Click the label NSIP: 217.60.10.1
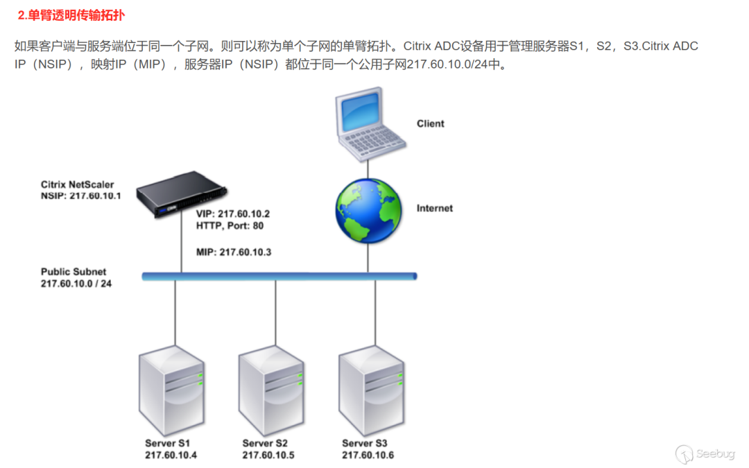[80, 196]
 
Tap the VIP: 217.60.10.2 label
[233, 214]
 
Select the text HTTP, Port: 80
[230, 225]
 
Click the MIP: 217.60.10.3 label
[234, 252]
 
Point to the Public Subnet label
[74, 272]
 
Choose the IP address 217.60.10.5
[268, 455]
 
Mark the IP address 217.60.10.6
[368, 455]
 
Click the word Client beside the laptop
[430, 123]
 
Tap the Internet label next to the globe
[434, 208]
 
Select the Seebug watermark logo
[705, 453]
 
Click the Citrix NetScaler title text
[77, 184]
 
